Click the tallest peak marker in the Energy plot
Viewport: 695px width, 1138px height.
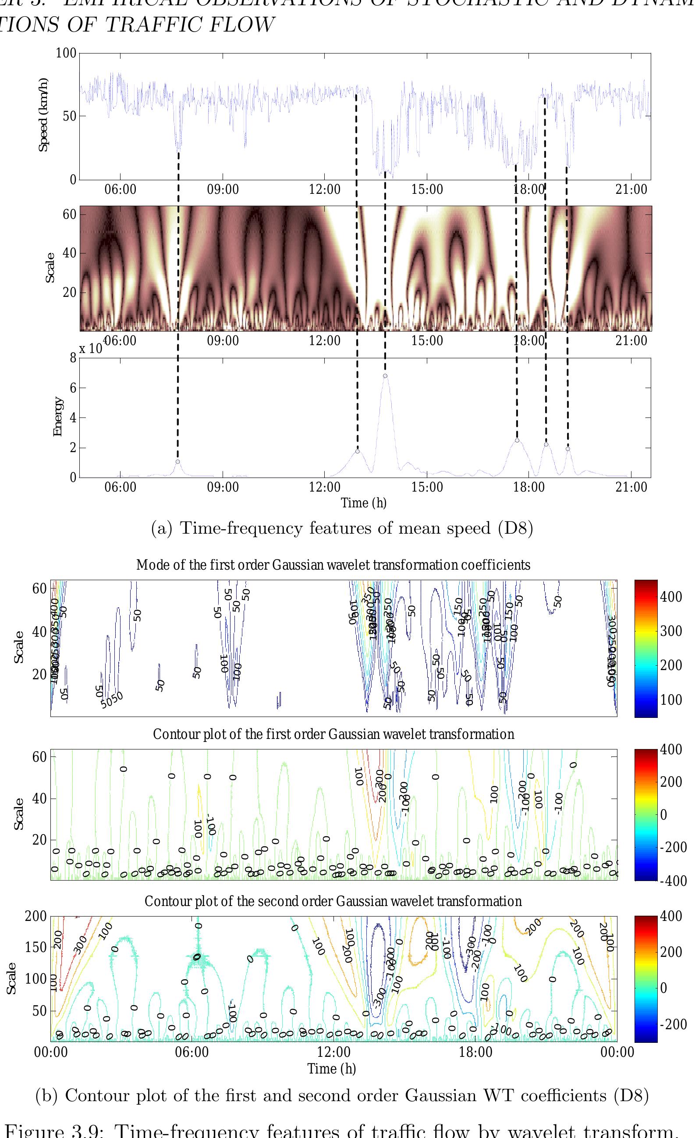coord(385,376)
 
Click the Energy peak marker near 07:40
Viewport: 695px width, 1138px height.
coord(177,462)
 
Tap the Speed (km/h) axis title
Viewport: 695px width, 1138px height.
coord(43,114)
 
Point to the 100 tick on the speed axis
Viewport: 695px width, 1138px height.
coord(66,53)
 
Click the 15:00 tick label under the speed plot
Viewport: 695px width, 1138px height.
coord(427,189)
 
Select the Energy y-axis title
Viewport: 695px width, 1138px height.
coord(58,416)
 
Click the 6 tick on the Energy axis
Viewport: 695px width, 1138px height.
coord(73,388)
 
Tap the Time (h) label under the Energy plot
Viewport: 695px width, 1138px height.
coord(363,503)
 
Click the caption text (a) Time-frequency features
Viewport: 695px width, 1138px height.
coord(342,528)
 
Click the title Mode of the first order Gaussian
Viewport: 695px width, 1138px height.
coord(333,565)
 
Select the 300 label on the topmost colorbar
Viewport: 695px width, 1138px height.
coord(670,631)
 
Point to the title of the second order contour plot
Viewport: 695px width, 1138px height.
coord(333,901)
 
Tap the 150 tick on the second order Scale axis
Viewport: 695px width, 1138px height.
coord(35,947)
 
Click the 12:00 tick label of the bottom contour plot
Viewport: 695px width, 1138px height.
coord(333,1052)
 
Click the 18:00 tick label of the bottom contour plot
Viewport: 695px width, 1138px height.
coord(475,1052)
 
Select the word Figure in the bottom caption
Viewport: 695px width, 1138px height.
coord(34,1131)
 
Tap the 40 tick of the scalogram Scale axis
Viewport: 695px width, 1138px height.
coord(69,253)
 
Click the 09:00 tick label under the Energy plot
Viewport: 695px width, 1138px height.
coord(223,488)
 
